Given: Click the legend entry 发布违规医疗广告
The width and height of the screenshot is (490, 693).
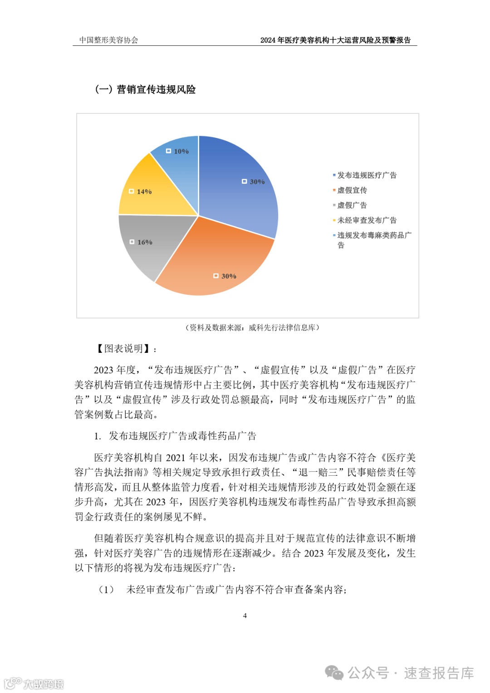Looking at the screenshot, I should [367, 175].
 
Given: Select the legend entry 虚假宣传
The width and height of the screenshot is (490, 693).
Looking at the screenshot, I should [352, 190].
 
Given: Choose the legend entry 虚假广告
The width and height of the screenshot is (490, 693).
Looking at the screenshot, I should [352, 205].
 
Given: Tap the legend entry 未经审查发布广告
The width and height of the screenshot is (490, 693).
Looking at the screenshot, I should [367, 220].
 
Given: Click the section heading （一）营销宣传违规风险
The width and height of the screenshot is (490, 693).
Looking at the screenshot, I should [145, 89].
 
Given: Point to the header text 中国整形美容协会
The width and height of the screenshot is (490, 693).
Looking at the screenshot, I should [108, 40].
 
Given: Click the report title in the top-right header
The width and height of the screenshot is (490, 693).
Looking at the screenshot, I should [335, 40].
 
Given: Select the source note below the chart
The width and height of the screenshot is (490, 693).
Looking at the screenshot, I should [252, 327].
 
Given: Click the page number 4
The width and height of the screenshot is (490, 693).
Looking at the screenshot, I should [245, 615].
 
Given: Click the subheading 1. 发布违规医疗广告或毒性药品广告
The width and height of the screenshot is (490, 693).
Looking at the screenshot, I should [175, 436].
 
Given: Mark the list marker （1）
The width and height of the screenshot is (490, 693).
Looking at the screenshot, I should [107, 590].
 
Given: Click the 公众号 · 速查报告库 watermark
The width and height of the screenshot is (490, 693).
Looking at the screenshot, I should [411, 673].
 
